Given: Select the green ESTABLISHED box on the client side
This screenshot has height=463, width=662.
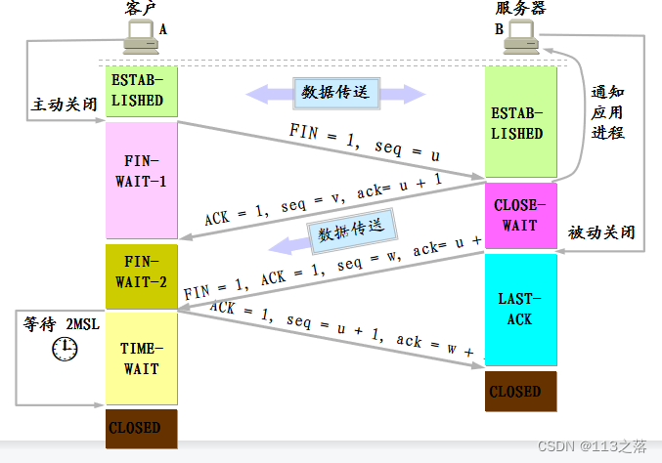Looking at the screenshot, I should tap(141, 91).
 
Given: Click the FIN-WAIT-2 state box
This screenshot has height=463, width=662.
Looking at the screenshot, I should tap(141, 273).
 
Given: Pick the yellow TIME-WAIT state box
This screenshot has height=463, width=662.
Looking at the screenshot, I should tap(141, 358).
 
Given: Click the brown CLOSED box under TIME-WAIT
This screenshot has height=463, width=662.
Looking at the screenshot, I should tap(141, 428).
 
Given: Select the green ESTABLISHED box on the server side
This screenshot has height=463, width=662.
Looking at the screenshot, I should tap(520, 123).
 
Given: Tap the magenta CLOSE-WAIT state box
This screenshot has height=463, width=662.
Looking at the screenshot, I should tap(520, 216).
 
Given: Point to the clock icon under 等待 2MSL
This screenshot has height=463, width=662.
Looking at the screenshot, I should tap(65, 348).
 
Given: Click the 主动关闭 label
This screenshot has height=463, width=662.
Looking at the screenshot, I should tap(64, 104).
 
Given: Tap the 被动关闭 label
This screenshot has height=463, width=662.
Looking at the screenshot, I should tap(601, 232).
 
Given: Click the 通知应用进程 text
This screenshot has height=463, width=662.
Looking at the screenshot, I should tap(607, 112).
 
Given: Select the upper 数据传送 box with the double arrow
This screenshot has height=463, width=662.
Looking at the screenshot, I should tap(336, 93).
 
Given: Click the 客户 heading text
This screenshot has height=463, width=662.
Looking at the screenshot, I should tap(141, 9).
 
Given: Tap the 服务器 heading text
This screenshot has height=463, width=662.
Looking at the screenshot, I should tap(520, 9).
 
